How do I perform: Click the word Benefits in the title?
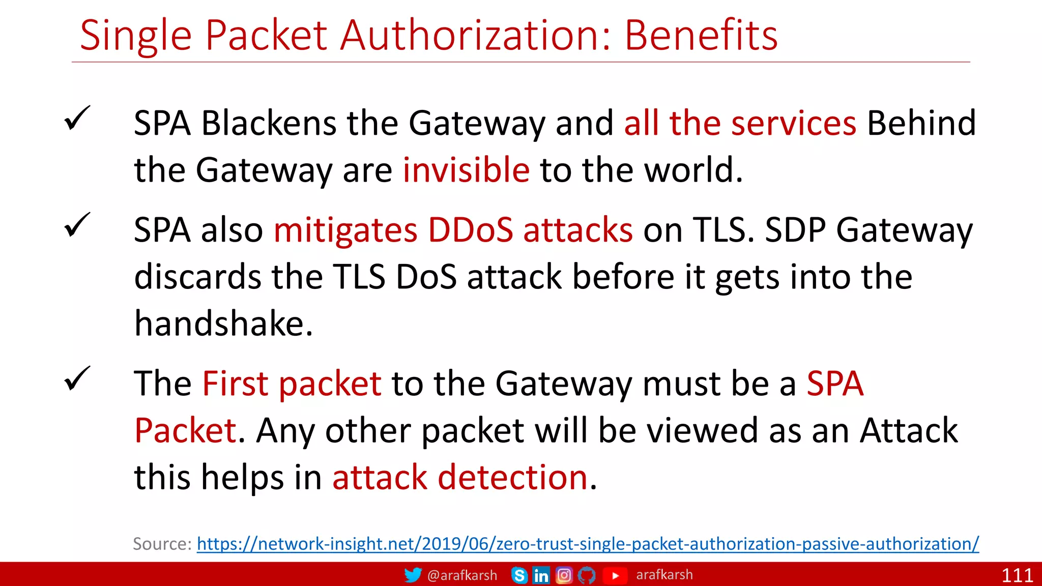tap(701, 36)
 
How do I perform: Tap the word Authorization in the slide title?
tap(474, 36)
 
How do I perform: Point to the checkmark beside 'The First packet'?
tap(77, 379)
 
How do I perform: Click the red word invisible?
tap(466, 170)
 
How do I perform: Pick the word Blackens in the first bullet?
tap(269, 123)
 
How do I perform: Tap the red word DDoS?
tap(470, 230)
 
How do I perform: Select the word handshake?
tap(223, 324)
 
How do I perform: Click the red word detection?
tap(512, 478)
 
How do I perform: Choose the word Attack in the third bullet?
tap(909, 431)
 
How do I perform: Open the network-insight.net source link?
tap(588, 544)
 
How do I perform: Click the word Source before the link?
tap(161, 544)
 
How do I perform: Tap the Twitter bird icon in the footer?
tap(413, 575)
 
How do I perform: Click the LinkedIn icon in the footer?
tap(541, 575)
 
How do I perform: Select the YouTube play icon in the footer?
tap(615, 575)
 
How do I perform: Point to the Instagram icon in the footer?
tap(564, 575)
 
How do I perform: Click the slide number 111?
tap(1017, 575)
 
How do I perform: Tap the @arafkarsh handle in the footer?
tap(462, 575)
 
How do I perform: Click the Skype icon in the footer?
tap(519, 575)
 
